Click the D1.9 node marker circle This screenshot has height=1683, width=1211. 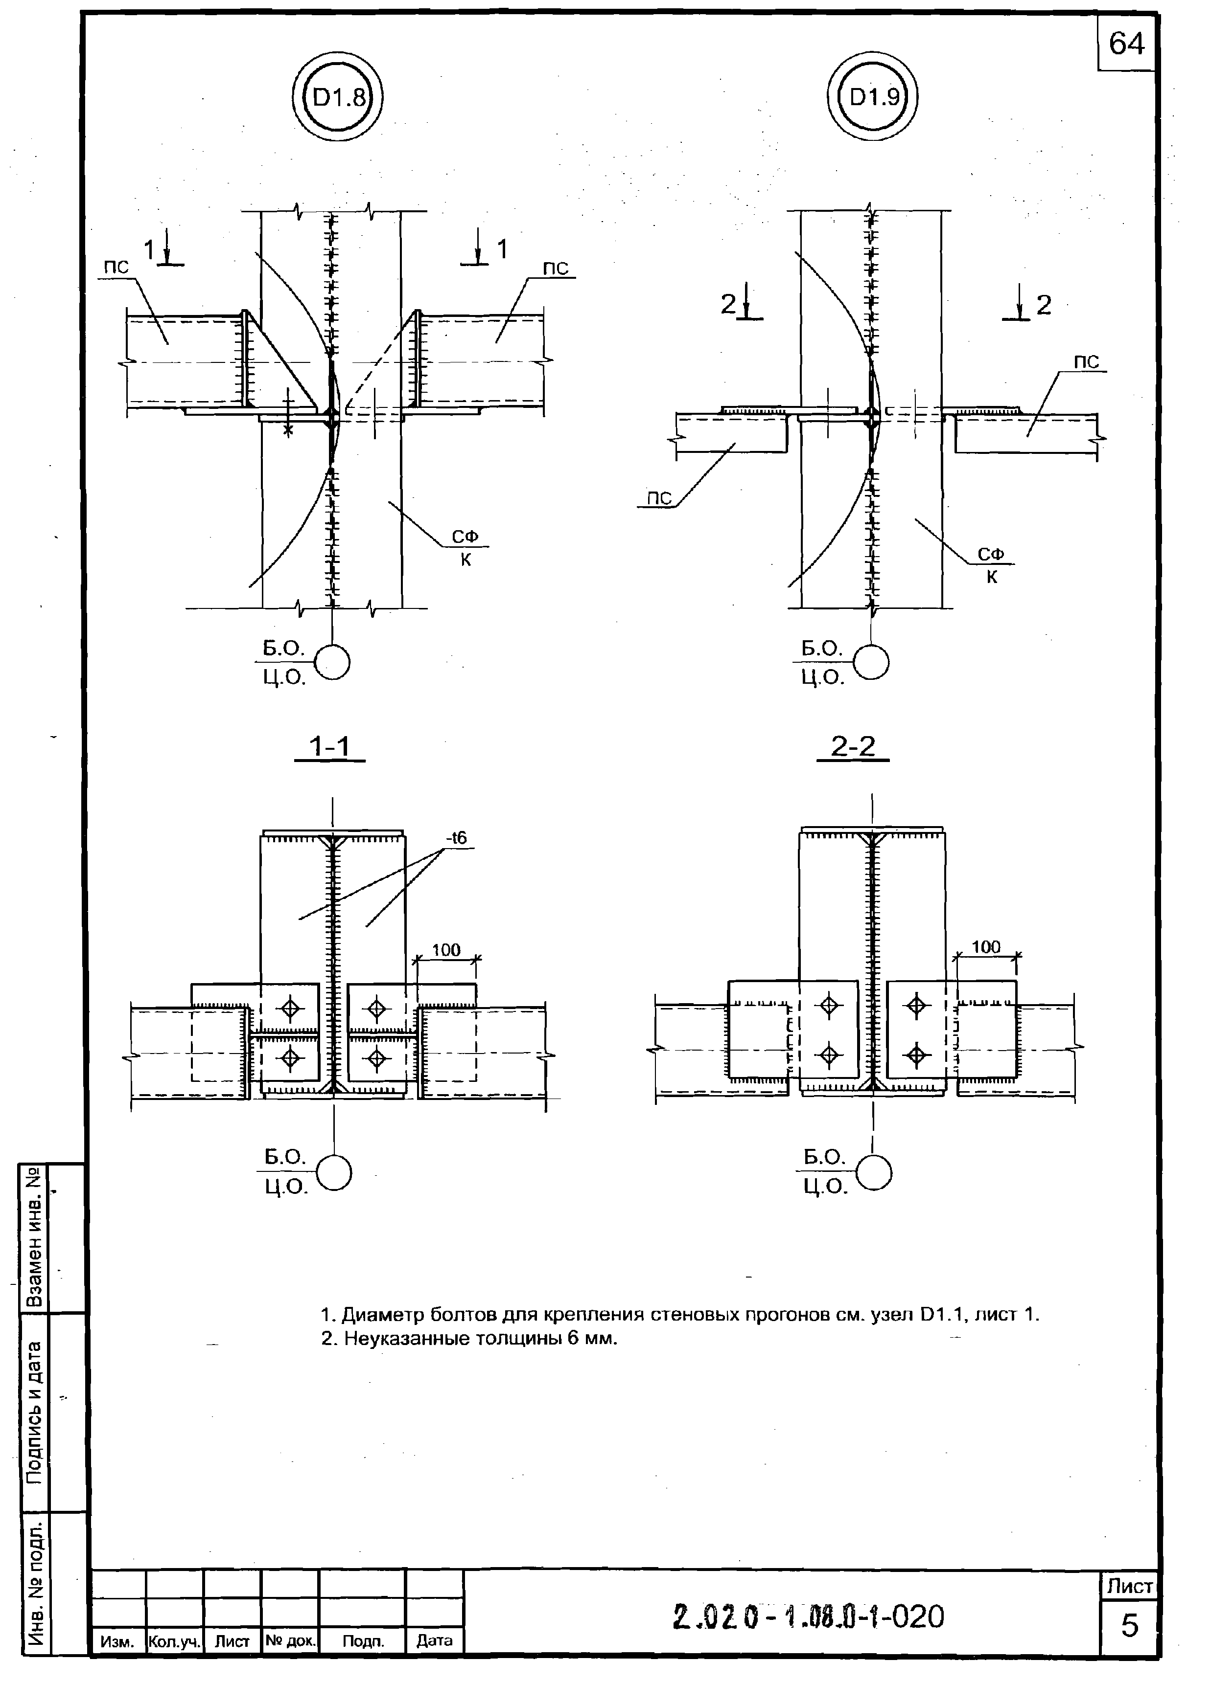872,97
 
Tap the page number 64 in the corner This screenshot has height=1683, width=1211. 1126,45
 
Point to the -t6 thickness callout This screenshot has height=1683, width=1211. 457,838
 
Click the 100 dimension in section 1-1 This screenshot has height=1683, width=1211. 446,950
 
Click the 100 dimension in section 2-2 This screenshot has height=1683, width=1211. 986,947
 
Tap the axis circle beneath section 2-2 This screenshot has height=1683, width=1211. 874,1174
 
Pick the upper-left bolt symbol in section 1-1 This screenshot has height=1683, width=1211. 290,1008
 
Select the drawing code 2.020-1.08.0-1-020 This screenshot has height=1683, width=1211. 809,1616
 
